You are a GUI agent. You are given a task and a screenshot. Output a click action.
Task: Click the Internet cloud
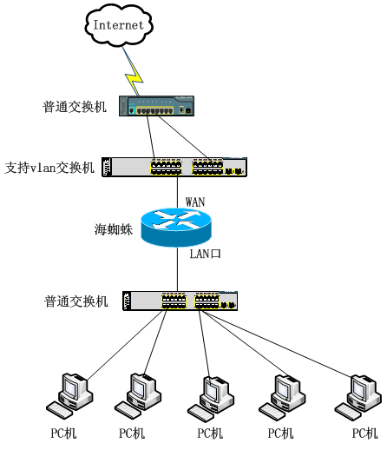tap(119, 25)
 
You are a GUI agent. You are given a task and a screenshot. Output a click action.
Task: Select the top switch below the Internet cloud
tap(156, 106)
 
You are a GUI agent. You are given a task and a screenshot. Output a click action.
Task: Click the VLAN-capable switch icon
tap(174, 167)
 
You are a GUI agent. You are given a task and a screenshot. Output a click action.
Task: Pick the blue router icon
tap(176, 228)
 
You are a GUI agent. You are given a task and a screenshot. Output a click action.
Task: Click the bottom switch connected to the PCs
tap(180, 301)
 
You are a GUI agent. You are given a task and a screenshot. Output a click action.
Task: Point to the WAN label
tap(195, 202)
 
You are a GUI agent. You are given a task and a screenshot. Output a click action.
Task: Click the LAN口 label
tap(205, 254)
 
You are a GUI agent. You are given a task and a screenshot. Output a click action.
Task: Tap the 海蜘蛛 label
tap(114, 229)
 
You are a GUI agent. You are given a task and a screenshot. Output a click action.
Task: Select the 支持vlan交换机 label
tap(49, 168)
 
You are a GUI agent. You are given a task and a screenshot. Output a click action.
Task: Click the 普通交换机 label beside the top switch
tap(75, 107)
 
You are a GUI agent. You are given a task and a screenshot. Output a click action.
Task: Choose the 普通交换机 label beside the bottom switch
tap(76, 301)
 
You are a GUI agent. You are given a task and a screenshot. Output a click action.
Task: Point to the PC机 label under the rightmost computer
tap(364, 433)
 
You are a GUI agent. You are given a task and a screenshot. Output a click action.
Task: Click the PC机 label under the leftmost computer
tap(63, 433)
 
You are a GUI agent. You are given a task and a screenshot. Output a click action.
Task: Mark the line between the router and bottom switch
tap(177, 269)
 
